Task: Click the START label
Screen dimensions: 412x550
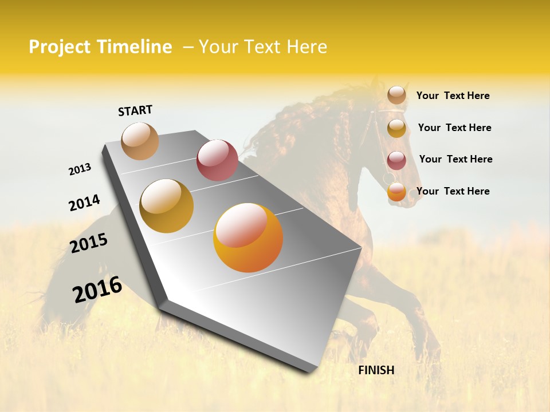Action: click(135, 110)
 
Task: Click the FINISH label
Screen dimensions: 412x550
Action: click(376, 370)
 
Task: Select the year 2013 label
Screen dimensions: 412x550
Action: click(80, 169)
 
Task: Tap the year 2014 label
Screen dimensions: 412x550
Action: click(84, 203)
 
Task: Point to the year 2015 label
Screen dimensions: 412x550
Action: click(89, 243)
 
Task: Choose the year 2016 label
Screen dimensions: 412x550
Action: click(97, 290)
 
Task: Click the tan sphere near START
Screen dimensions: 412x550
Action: click(140, 141)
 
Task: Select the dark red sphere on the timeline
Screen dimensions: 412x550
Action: click(217, 160)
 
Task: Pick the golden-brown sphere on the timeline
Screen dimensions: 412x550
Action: click(167, 205)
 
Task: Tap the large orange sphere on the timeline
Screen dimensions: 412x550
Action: click(248, 237)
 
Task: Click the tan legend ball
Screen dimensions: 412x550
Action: click(396, 95)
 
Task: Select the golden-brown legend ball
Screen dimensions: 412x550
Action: click(396, 128)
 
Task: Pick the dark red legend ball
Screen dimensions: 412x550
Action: click(396, 160)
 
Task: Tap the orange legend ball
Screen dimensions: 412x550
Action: click(396, 192)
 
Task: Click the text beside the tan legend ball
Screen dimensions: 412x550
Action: click(453, 96)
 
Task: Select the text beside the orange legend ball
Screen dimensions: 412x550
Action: click(453, 191)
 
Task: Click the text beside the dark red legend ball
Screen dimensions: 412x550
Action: click(455, 159)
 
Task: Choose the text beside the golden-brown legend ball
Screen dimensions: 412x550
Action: click(454, 128)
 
